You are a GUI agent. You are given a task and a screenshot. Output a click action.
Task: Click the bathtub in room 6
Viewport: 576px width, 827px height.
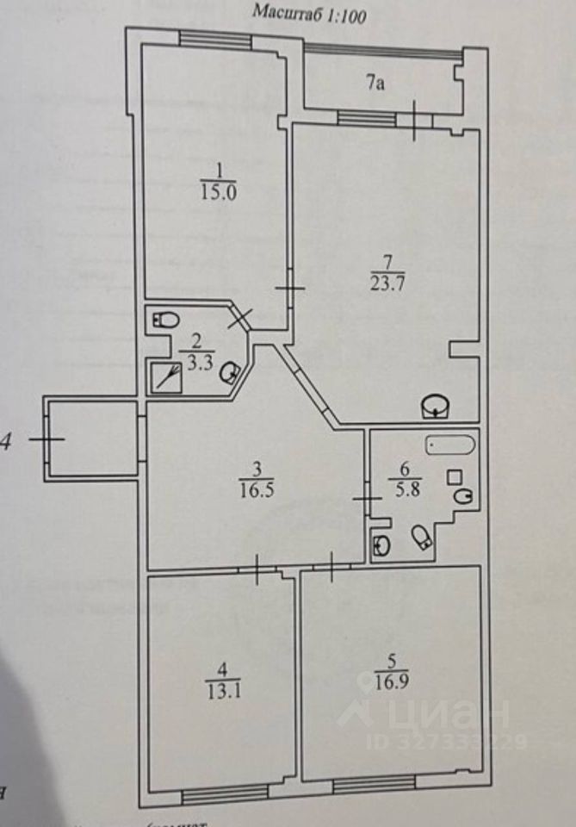(449, 447)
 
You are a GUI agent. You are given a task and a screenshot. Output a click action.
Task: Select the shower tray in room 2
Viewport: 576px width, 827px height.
(166, 377)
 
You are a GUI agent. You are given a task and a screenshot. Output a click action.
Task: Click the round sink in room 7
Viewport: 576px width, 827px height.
(437, 405)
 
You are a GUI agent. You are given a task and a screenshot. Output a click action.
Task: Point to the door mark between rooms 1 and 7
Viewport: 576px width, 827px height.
(290, 288)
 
